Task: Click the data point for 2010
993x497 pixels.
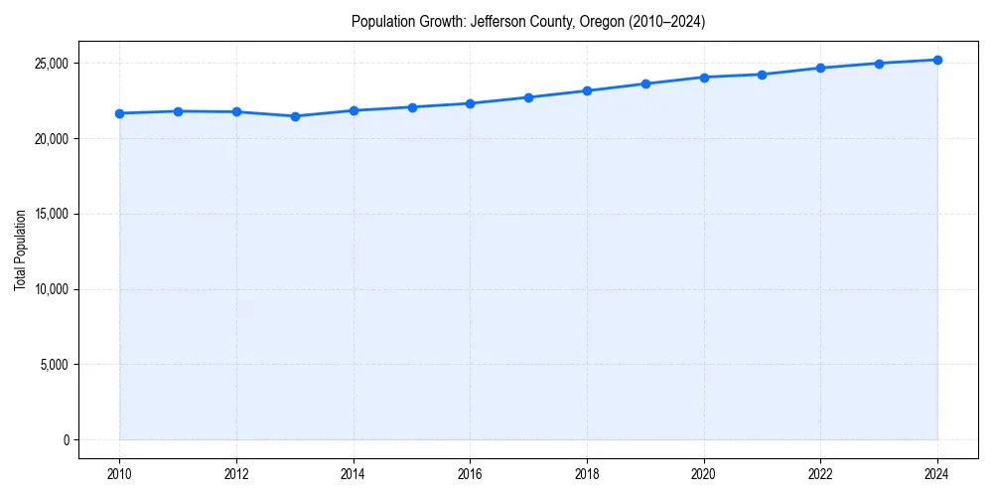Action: tap(119, 113)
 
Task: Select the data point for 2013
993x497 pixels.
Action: tap(295, 116)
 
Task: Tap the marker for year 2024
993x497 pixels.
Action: tap(937, 60)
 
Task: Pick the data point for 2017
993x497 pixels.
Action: tap(528, 97)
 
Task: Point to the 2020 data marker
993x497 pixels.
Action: tap(704, 77)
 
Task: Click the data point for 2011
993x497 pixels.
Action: tap(178, 111)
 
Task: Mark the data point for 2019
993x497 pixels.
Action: tap(645, 83)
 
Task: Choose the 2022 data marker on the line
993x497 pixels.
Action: tap(820, 68)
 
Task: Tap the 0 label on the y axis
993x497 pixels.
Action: tap(65, 440)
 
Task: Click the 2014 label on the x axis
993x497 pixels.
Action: tap(353, 474)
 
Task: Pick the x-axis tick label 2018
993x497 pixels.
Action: tap(587, 474)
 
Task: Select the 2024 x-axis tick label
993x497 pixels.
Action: tap(937, 474)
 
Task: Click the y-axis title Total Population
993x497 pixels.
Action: tap(20, 250)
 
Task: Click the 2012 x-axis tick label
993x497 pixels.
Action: tap(236, 474)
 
